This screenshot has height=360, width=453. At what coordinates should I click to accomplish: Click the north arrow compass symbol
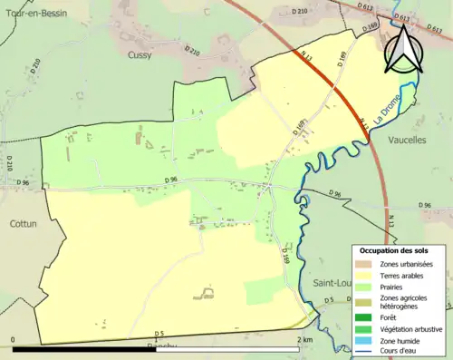[x=404, y=47]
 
